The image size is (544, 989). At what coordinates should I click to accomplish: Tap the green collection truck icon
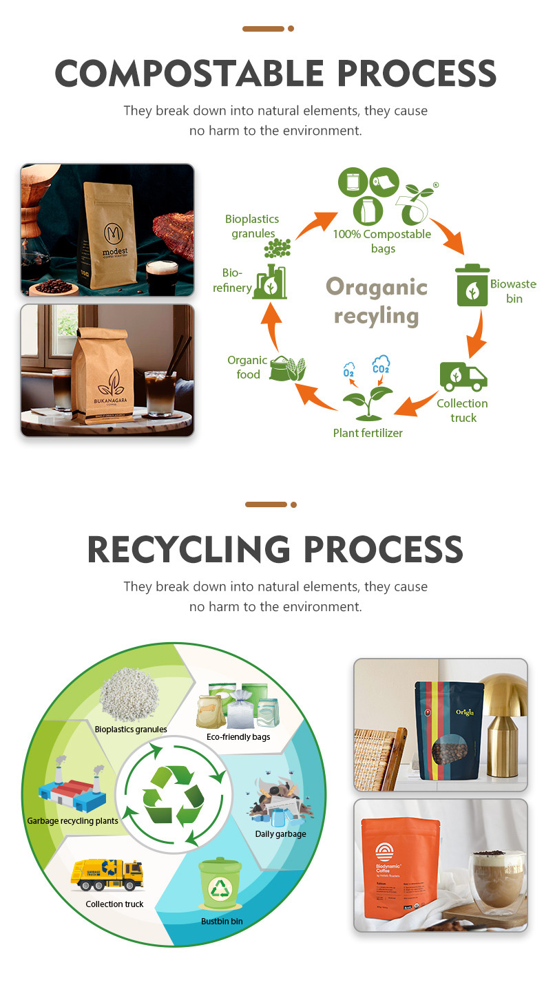[463, 376]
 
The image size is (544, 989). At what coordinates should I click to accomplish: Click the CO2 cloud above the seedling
[381, 365]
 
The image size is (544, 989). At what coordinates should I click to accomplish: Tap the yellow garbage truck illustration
[107, 875]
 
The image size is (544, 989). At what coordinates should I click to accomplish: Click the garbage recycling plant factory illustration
[72, 791]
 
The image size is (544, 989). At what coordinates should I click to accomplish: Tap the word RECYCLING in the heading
[189, 549]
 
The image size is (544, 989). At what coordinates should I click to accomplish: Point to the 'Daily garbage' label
[280, 834]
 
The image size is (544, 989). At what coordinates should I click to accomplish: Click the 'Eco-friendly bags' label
[238, 736]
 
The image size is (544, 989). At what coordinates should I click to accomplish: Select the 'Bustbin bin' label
[222, 921]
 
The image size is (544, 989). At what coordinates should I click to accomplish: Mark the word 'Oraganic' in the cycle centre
[377, 286]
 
